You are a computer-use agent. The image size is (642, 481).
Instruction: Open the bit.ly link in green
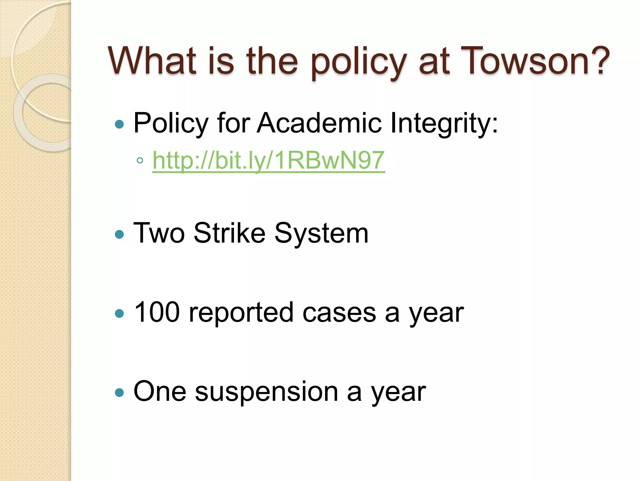[269, 160]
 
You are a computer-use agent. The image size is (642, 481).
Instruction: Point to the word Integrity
[443, 123]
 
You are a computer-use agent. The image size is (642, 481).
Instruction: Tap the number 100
[157, 312]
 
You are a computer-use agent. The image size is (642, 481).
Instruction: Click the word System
[321, 234]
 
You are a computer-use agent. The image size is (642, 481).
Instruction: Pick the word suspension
[266, 392]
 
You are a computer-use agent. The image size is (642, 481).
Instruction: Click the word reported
[241, 313]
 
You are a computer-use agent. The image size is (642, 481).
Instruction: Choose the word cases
[339, 313]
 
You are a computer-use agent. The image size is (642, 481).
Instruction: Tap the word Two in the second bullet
[159, 233]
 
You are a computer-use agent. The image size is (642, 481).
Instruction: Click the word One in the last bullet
[160, 391]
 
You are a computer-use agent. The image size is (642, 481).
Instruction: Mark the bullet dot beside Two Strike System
[119, 234]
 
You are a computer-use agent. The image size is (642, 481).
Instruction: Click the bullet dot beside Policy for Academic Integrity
[119, 124]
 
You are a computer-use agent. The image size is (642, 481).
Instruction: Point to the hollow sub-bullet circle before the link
[140, 161]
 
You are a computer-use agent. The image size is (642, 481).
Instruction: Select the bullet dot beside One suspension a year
[119, 393]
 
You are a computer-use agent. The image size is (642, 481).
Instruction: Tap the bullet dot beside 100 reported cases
[119, 313]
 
